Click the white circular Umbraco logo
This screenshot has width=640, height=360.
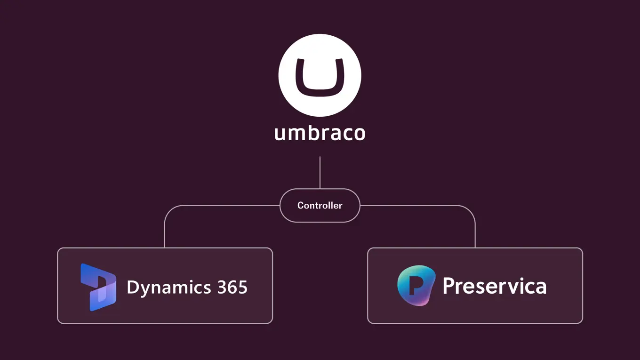click(320, 75)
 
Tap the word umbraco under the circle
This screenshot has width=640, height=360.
click(320, 133)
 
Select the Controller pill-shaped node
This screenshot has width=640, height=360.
click(320, 206)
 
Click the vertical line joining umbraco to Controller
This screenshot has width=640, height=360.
click(320, 172)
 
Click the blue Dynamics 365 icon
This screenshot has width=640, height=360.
click(98, 287)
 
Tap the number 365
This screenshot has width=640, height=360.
click(232, 287)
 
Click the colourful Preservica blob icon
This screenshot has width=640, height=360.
click(416, 286)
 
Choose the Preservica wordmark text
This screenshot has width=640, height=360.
click(494, 286)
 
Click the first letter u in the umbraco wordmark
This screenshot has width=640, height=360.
click(280, 134)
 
